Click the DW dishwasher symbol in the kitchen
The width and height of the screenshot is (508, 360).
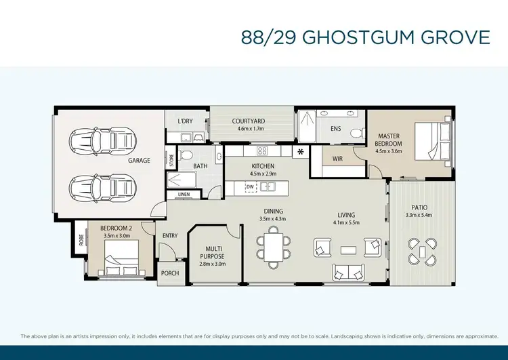(251, 186)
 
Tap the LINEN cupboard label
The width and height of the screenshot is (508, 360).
(184, 195)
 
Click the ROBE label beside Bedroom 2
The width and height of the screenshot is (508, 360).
(81, 238)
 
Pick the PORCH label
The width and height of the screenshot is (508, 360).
(169, 273)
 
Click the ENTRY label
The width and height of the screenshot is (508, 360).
(169, 235)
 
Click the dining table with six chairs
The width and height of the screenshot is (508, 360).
(273, 247)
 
